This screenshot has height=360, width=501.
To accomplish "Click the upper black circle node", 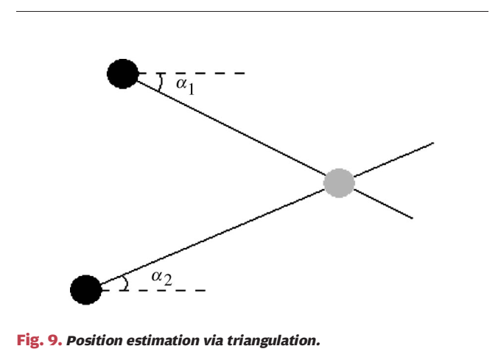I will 122,74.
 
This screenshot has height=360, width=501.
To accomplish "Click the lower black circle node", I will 85,289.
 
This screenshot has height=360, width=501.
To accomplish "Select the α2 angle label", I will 161,278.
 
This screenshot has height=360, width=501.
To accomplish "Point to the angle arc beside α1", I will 161,82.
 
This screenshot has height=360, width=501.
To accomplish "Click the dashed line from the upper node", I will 199,74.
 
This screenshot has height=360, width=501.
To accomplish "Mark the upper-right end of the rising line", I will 433,143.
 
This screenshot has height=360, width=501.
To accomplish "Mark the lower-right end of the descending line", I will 412,219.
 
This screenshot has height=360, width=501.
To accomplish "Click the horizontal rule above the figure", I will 251,11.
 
